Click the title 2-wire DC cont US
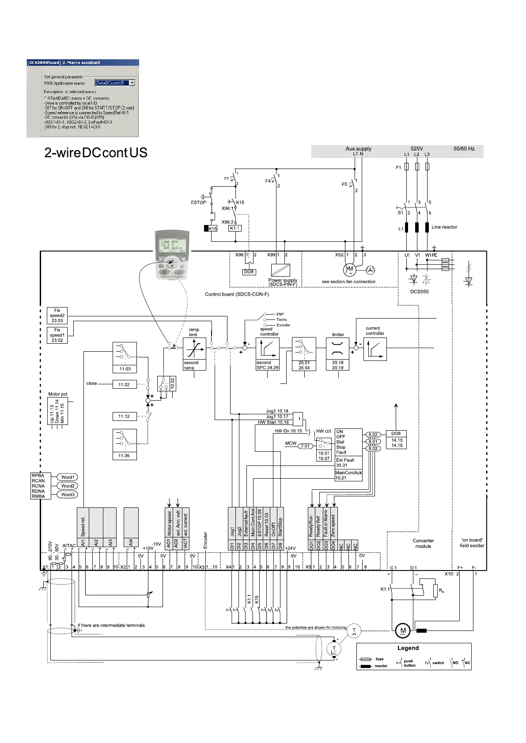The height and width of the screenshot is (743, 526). [x=96, y=153]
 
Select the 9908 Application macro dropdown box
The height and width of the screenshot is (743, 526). [x=115, y=83]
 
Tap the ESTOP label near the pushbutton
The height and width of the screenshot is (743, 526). [x=198, y=203]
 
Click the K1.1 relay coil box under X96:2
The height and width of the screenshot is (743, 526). [x=235, y=229]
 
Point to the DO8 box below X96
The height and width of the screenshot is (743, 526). [x=249, y=272]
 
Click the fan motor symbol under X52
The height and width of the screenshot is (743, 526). [x=349, y=269]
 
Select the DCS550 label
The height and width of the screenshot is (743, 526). [x=419, y=292]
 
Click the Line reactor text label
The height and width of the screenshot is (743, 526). [x=444, y=227]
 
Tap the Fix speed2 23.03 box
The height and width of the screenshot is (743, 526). [x=57, y=315]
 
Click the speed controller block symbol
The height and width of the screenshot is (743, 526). [x=267, y=349]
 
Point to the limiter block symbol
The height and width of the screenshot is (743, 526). [x=337, y=349]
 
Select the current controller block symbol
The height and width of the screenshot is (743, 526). [x=375, y=349]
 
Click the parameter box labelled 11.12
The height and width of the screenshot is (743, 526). [x=124, y=417]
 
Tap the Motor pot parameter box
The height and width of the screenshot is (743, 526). [x=57, y=411]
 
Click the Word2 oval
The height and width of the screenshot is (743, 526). [x=68, y=486]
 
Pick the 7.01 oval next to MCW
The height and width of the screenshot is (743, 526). [x=306, y=446]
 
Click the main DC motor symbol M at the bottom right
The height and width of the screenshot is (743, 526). [x=403, y=630]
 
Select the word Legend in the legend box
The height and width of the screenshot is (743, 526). [x=408, y=648]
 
